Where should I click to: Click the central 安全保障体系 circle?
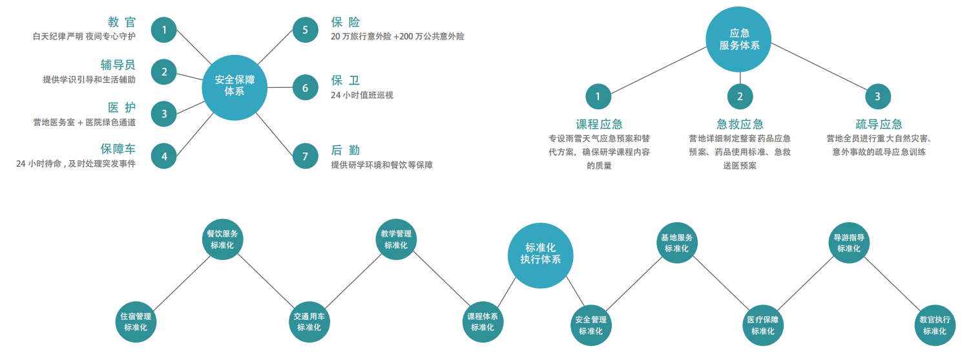(235, 87)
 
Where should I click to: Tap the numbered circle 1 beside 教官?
(164, 30)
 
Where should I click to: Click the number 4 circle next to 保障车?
(164, 156)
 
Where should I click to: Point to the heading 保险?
(346, 23)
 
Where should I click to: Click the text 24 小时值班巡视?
(362, 95)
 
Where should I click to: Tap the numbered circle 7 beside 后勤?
(306, 156)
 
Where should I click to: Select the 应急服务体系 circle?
(739, 39)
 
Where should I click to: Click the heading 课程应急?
(599, 124)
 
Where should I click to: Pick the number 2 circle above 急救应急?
(740, 97)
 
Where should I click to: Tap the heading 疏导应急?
(879, 124)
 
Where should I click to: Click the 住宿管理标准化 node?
(136, 322)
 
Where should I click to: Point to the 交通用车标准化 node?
(309, 322)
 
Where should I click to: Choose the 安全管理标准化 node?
(590, 324)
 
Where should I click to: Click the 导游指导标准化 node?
(848, 242)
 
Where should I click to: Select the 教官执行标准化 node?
(935, 324)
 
